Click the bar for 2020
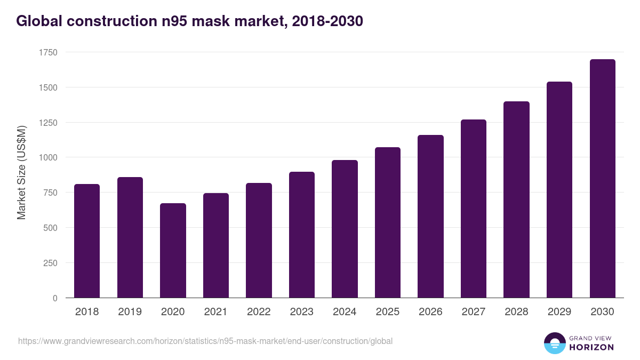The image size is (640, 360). [173, 251]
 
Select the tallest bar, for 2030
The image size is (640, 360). [602, 179]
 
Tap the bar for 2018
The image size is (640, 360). [87, 241]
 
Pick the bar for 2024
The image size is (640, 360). [345, 229]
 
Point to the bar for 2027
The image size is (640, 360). [473, 209]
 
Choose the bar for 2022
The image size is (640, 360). [259, 241]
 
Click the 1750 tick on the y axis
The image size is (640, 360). [48, 52]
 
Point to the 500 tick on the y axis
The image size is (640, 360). [50, 228]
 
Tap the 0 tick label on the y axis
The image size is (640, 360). [55, 298]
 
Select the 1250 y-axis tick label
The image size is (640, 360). [48, 123]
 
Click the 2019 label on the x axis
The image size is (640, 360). [130, 312]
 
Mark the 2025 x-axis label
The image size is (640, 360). [387, 312]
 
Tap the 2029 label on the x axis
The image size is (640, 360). [559, 312]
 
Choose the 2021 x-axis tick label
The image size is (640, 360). [215, 312]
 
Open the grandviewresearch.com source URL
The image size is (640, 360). [205, 341]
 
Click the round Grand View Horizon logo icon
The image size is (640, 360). [554, 343]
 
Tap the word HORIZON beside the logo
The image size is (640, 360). [591, 347]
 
